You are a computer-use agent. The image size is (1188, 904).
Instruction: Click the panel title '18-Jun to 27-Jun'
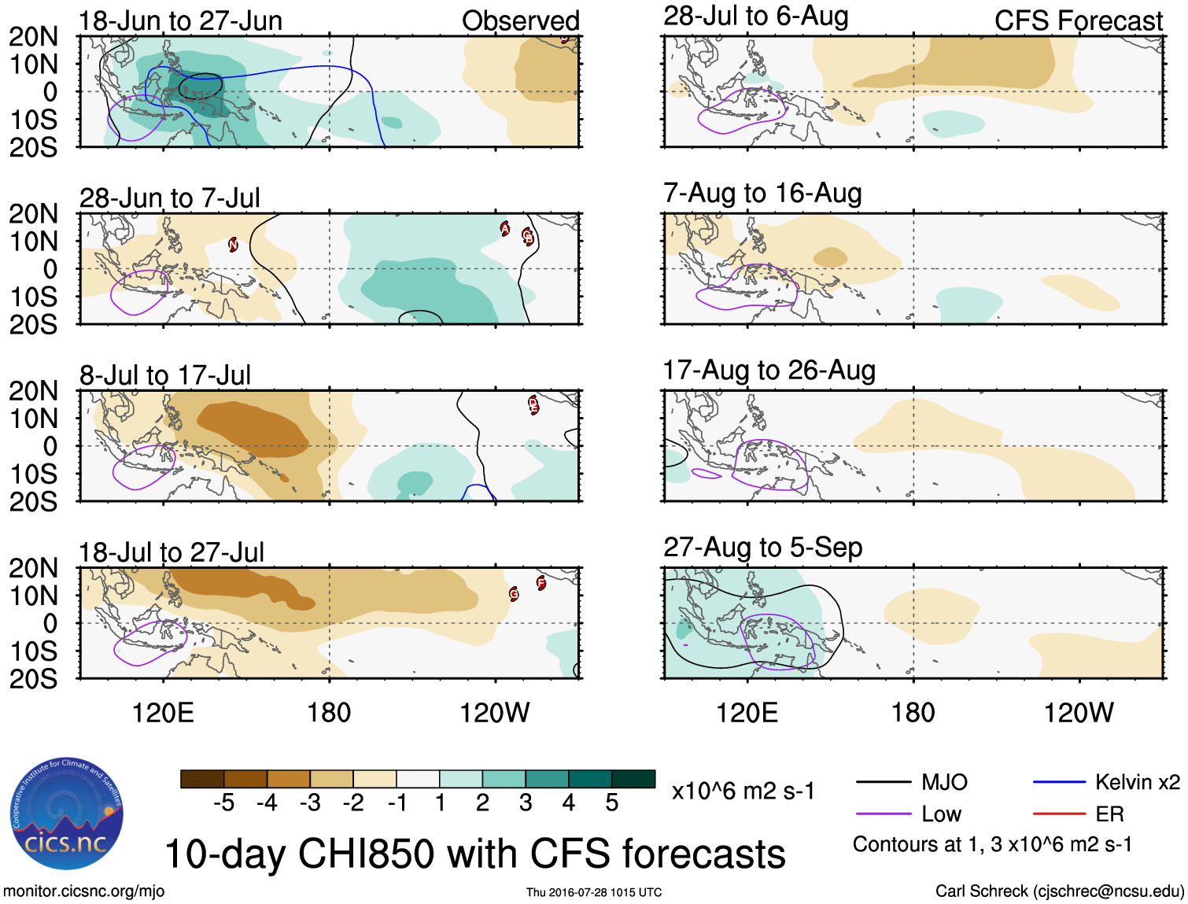tap(180, 20)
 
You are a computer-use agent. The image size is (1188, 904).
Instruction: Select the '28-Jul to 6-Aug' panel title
tap(756, 16)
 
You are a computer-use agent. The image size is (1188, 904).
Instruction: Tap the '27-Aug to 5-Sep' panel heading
tap(762, 547)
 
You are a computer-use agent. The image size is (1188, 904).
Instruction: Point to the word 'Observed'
tap(520, 20)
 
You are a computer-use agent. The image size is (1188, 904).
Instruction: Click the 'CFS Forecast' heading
tap(1078, 20)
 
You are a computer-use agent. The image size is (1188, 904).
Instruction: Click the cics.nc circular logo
tap(67, 814)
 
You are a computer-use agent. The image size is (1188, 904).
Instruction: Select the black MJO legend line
tap(883, 782)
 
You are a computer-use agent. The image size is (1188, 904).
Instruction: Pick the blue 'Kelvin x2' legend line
tap(1059, 782)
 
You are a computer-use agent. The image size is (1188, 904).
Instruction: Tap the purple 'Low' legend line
tap(883, 814)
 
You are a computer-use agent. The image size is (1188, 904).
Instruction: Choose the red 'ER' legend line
tap(1059, 814)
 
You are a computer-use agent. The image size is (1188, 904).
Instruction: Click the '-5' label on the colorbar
tap(223, 803)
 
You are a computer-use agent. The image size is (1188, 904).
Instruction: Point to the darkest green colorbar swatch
tap(633, 779)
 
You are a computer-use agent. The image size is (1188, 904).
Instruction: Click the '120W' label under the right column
tap(1078, 713)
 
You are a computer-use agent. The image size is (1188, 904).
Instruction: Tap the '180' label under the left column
tap(329, 713)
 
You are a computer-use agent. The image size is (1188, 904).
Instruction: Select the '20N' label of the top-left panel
tap(33, 36)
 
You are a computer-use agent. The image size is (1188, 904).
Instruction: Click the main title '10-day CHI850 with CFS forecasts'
tap(474, 854)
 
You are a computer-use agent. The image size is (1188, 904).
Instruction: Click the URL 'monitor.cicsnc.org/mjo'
tap(84, 891)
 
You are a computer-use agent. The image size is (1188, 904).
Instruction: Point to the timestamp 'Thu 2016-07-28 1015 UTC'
tap(594, 892)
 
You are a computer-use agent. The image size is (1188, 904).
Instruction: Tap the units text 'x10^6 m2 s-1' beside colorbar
tap(743, 791)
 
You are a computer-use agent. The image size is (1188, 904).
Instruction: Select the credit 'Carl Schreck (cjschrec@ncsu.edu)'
tap(1059, 891)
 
